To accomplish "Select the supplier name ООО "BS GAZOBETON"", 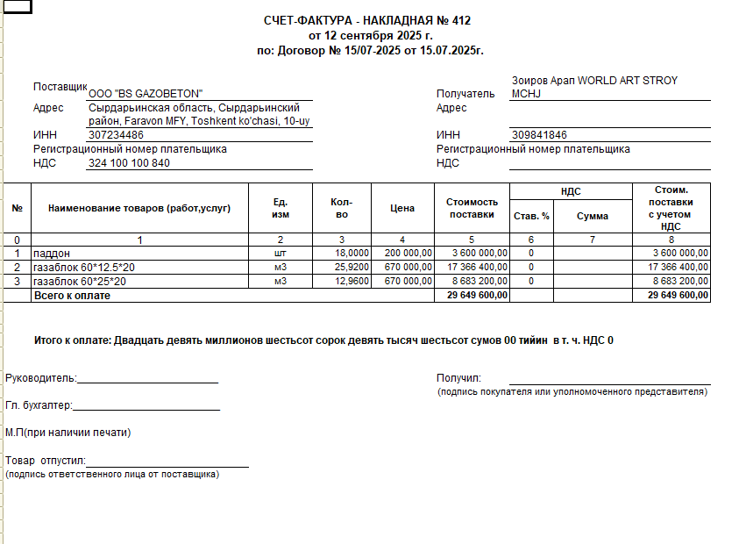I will click(x=146, y=94).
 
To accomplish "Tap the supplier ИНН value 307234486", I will click(x=117, y=135).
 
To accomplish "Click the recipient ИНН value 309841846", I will click(x=539, y=135).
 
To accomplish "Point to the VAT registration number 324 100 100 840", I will click(x=130, y=162).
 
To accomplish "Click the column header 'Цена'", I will click(x=402, y=209).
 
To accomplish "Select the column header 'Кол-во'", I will click(x=342, y=209).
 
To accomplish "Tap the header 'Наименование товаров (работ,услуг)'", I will click(x=139, y=209).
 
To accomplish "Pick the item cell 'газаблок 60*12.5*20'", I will click(x=84, y=267).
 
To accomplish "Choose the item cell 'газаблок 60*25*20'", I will click(x=79, y=281).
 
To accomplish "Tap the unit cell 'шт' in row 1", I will click(x=281, y=253).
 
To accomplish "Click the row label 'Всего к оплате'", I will click(x=73, y=296).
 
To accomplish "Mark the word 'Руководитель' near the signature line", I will click(x=40, y=378).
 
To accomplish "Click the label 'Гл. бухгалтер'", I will click(x=38, y=405).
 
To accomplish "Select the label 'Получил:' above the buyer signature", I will click(x=458, y=378).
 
